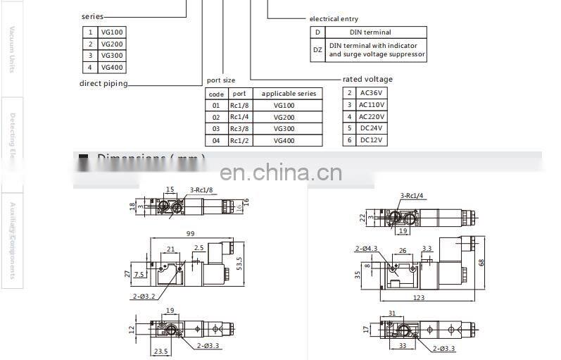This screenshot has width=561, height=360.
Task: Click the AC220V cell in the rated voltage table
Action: click(372, 116)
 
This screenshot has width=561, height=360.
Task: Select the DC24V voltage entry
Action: click(372, 128)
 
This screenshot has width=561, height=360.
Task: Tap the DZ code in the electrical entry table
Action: click(317, 49)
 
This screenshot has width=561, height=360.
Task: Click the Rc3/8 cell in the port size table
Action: click(239, 129)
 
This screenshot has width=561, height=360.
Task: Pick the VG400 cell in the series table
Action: click(111, 68)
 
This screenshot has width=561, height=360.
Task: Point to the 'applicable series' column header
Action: click(289, 94)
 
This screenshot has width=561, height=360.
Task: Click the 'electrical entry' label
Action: click(334, 19)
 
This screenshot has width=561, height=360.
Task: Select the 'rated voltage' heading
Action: click(367, 80)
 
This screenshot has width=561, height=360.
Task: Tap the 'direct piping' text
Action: click(103, 84)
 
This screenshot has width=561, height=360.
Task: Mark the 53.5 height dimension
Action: click(238, 263)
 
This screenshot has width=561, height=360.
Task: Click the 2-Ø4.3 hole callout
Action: click(367, 248)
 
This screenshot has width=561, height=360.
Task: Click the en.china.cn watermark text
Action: click(280, 173)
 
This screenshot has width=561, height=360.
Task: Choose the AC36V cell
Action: click(372, 93)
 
